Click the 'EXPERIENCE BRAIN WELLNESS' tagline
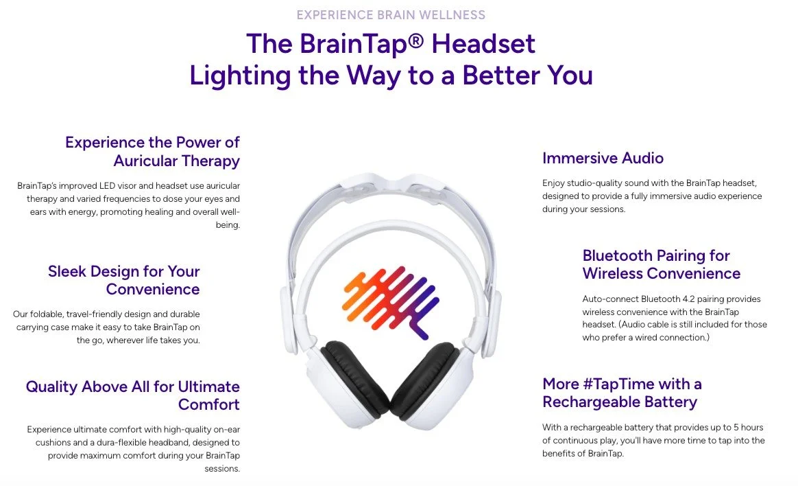click(x=391, y=14)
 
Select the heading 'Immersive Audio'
click(x=603, y=158)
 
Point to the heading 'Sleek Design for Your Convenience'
click(x=123, y=279)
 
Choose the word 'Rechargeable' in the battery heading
click(x=586, y=402)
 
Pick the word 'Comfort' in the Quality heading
click(x=208, y=404)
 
